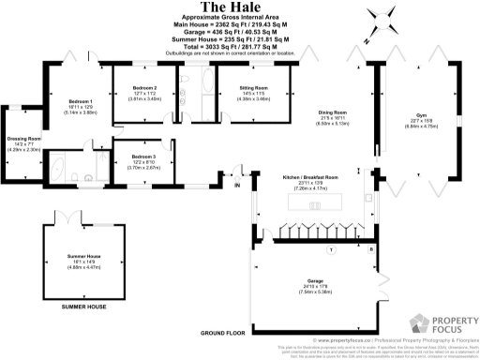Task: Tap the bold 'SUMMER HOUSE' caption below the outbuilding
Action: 83,307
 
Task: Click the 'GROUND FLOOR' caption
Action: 223,333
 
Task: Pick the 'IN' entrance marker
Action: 237,185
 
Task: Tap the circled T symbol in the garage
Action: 330,250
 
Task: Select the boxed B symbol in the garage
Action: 370,250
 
